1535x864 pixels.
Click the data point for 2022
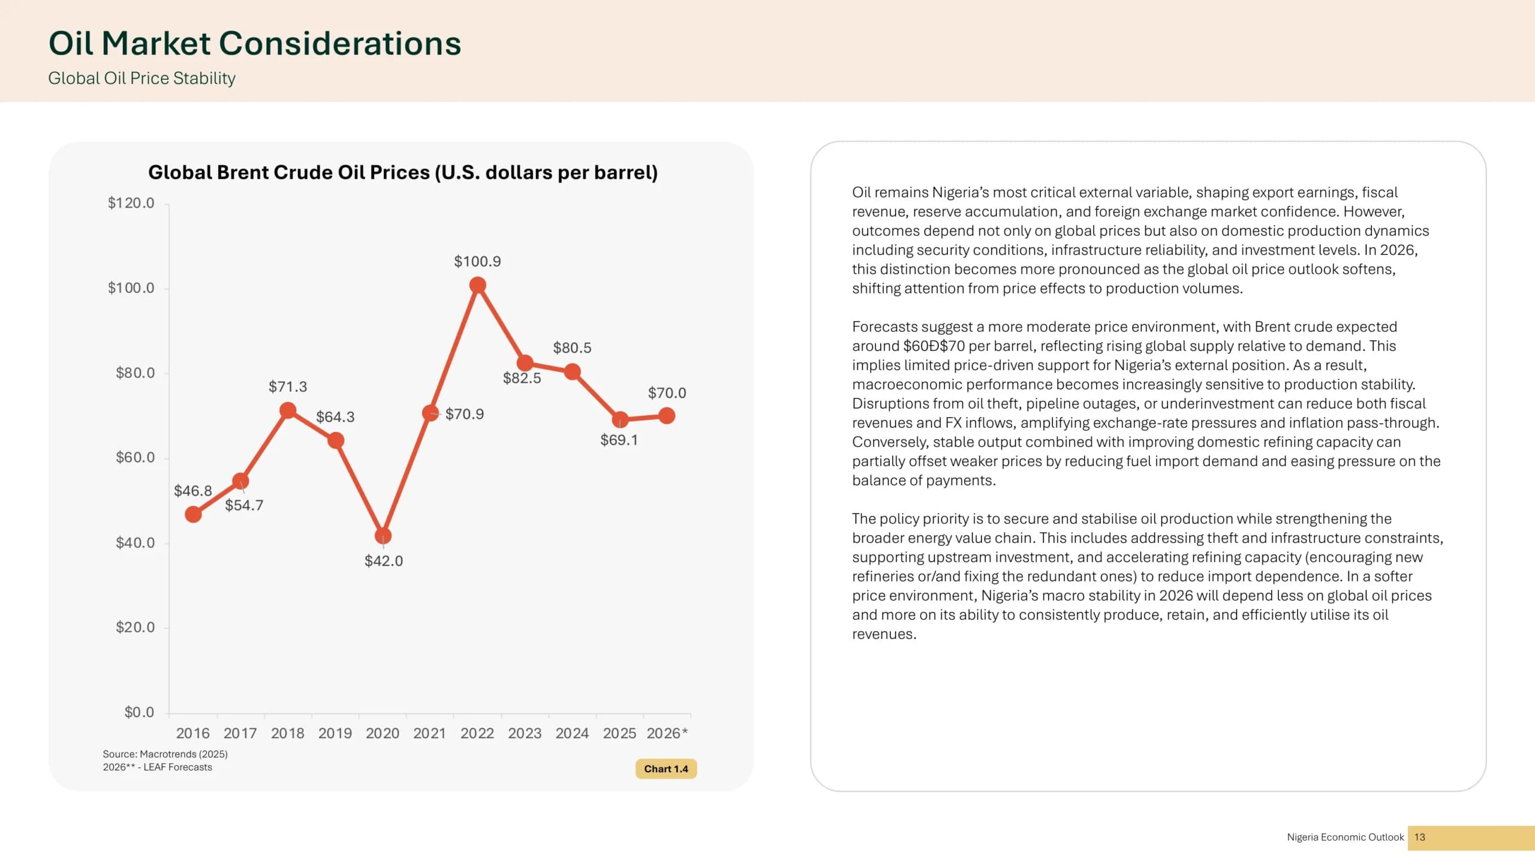pos(477,285)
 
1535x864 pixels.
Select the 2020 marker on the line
pos(383,535)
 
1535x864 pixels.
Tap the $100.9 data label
pos(477,262)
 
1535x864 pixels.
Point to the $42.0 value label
pos(384,561)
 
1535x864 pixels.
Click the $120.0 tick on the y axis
pos(131,203)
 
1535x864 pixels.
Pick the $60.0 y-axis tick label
pos(135,458)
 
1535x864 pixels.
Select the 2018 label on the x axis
pos(288,733)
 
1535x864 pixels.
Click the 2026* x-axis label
pos(667,733)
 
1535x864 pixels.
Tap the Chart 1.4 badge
pos(666,769)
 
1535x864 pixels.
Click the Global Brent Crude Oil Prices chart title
pos(403,173)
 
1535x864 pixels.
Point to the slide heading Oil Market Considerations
pos(255,43)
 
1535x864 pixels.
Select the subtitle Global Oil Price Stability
pos(142,79)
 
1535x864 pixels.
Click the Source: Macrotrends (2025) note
pos(165,754)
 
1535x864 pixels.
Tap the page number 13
pos(1419,837)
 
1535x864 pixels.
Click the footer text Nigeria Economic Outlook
pos(1346,837)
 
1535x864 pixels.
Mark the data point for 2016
pos(193,514)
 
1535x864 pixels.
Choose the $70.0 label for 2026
pos(667,393)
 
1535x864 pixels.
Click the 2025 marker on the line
pos(620,419)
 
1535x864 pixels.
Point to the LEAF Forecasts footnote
pos(157,767)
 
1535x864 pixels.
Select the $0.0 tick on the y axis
pos(139,712)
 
